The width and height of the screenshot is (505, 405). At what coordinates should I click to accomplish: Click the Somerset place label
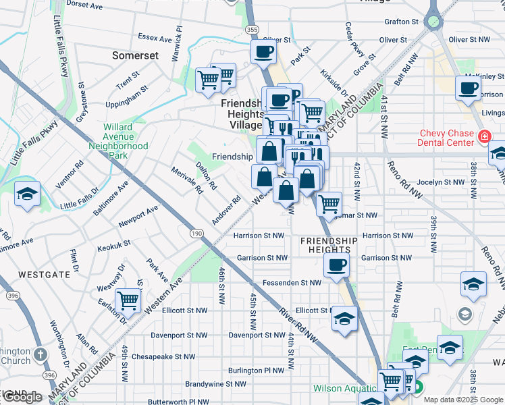click(x=136, y=55)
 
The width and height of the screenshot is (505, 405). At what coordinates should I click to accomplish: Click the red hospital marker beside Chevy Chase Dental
click(x=484, y=137)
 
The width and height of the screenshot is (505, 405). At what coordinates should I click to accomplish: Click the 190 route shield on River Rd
click(x=196, y=233)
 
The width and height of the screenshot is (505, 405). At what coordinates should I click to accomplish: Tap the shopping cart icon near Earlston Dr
click(x=128, y=302)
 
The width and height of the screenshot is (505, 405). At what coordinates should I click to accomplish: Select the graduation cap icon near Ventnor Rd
click(x=28, y=195)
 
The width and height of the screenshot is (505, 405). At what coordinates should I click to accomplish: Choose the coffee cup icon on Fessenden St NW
click(x=336, y=265)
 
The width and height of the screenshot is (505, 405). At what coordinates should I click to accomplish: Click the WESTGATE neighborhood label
click(x=44, y=275)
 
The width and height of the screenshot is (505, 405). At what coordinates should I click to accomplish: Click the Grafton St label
click(x=402, y=22)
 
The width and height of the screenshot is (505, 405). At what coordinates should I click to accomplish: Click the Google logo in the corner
click(x=23, y=397)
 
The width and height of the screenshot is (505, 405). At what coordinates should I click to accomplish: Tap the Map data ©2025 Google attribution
click(x=463, y=400)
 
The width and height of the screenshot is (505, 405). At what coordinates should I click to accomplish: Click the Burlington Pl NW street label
click(x=256, y=370)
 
